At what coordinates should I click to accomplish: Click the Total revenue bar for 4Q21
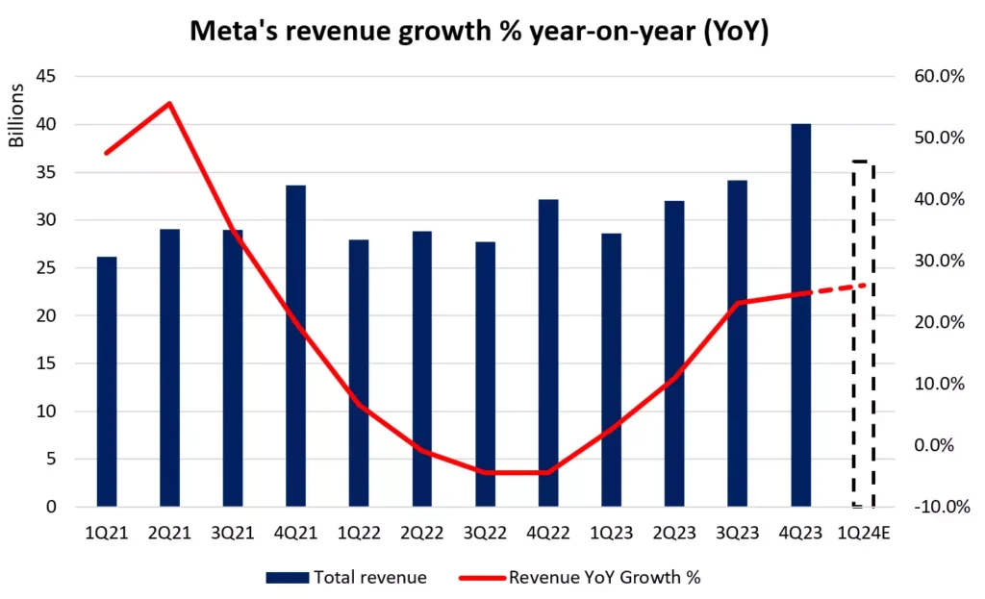tap(295, 346)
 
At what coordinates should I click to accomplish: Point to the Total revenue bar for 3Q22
tap(485, 374)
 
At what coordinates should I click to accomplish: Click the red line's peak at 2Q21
tap(169, 104)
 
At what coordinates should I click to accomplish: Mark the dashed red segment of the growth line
tap(838, 288)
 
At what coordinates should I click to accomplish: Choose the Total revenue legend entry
tap(346, 577)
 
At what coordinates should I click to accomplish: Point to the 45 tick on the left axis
tap(45, 77)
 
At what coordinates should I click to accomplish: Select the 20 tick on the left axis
tap(45, 315)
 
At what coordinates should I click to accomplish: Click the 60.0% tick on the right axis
tap(936, 77)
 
